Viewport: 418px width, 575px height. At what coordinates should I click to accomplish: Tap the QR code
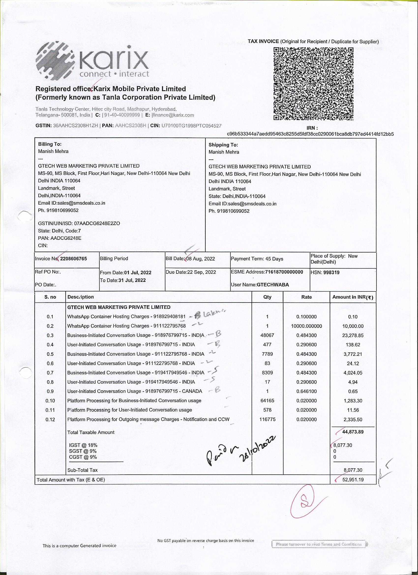[x=313, y=84]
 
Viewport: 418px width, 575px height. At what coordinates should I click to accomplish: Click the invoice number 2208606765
[x=74, y=258]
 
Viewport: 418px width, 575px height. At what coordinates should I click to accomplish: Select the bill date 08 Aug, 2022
[x=200, y=258]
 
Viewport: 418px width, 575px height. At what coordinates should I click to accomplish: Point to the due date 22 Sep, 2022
[x=202, y=272]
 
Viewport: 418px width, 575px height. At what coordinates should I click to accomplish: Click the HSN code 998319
[x=331, y=272]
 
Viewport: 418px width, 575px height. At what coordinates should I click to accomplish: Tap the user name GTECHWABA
[x=273, y=285]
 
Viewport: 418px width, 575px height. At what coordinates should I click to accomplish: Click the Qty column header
[x=267, y=297]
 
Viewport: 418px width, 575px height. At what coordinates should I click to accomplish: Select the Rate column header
[x=306, y=297]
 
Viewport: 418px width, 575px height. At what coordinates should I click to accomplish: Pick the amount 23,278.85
[x=353, y=335]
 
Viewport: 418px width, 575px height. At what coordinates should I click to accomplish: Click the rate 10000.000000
[x=306, y=326]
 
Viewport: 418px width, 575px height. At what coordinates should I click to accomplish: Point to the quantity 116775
[x=267, y=419]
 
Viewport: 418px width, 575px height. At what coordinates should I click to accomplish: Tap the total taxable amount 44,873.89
[x=353, y=432]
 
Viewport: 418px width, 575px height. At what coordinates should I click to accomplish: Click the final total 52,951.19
[x=353, y=480]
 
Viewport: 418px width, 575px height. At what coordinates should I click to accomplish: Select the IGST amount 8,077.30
[x=343, y=445]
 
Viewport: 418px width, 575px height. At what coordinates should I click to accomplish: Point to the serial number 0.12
[x=50, y=420]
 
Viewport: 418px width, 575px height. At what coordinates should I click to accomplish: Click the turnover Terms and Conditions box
[x=319, y=544]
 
